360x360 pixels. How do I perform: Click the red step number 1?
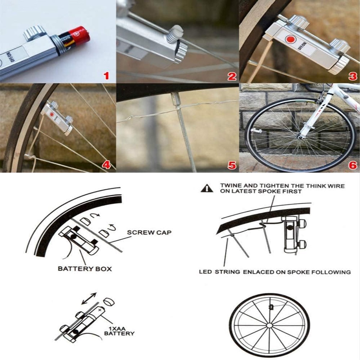[106, 76]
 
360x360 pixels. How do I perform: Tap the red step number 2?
[232, 76]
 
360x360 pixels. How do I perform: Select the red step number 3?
[353, 76]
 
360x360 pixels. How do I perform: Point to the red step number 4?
[106, 165]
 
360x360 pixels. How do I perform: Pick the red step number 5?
[232, 165]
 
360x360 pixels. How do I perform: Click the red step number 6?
[352, 165]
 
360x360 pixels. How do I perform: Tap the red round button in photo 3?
[291, 39]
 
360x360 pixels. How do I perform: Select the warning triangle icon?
[207, 189]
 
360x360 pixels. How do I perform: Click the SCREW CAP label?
[149, 232]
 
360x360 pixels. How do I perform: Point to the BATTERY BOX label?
[85, 269]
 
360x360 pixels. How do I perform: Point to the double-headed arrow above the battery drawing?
[89, 298]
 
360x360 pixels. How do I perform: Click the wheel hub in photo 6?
[300, 138]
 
